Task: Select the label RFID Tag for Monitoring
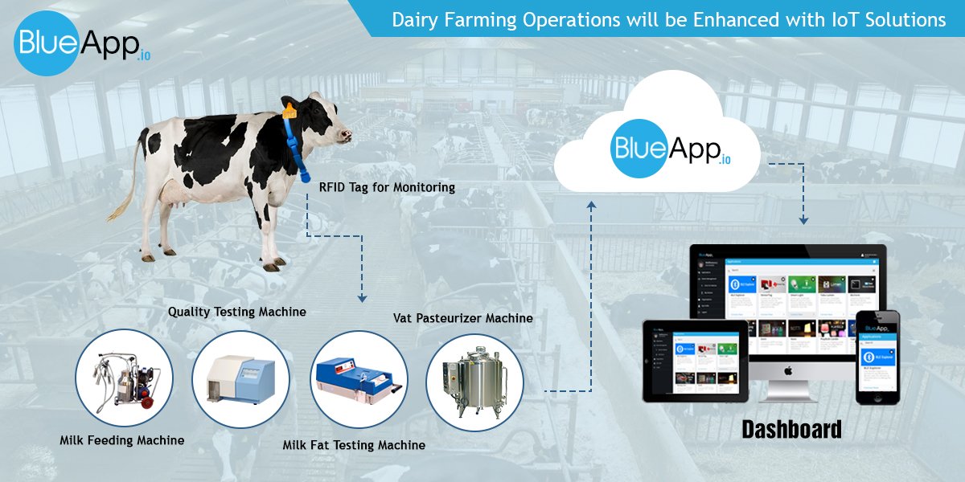tap(387, 188)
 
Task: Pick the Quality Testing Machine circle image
tap(240, 378)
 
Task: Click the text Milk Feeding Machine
tap(121, 440)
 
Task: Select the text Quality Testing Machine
tap(236, 311)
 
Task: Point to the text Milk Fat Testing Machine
tap(354, 444)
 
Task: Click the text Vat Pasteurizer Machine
tap(462, 318)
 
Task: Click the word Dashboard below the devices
tap(791, 429)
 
